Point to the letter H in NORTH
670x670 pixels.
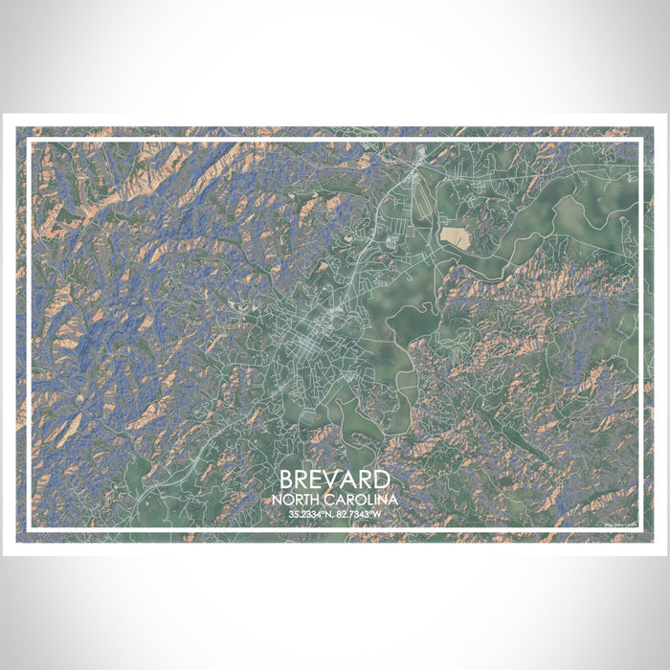(x=316, y=501)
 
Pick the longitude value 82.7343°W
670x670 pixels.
(x=361, y=515)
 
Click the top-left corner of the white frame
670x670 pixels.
(x=29, y=141)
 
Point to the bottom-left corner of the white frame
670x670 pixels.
(x=29, y=529)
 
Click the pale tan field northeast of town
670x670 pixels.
(x=455, y=236)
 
